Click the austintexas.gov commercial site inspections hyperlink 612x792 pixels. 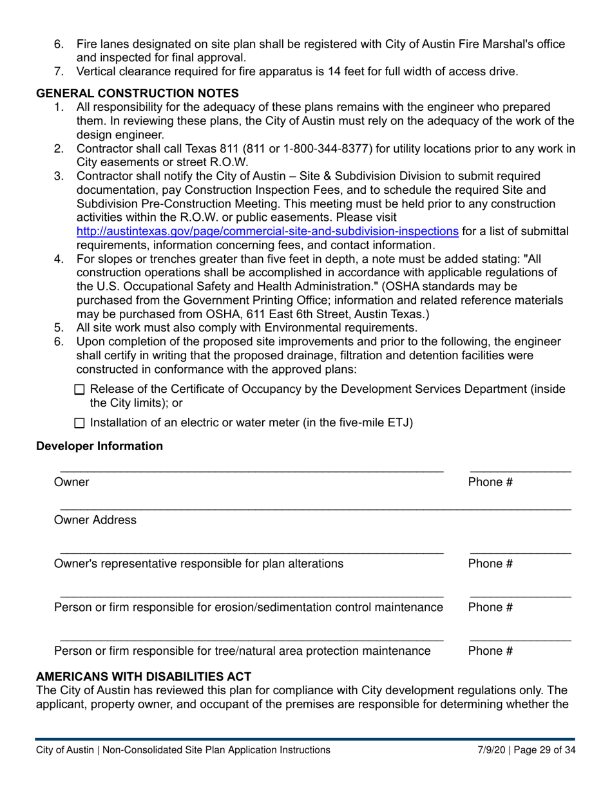[267, 232]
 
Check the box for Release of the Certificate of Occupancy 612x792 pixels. [79, 390]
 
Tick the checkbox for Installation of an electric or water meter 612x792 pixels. [79, 423]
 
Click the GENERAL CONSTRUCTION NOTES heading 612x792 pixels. [137, 93]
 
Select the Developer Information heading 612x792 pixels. [100, 446]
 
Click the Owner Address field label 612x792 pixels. [95, 520]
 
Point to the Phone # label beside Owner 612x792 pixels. [490, 482]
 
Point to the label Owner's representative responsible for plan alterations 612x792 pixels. [198, 564]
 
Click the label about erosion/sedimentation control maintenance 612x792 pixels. [249, 607]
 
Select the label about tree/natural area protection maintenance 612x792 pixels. [242, 651]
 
